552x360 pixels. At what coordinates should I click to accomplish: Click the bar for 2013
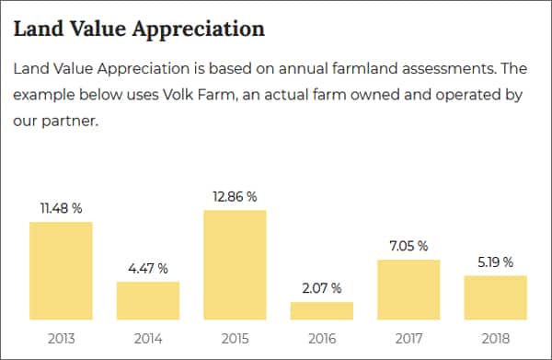[61, 271]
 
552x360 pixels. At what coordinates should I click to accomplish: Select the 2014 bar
[147, 300]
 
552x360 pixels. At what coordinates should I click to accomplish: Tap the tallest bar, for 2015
[235, 265]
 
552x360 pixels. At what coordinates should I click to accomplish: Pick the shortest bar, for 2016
[321, 310]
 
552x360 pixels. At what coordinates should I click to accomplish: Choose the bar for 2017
[408, 289]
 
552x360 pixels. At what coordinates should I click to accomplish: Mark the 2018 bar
[495, 297]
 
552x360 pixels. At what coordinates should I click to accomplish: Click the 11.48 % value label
[61, 209]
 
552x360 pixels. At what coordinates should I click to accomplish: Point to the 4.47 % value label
[147, 269]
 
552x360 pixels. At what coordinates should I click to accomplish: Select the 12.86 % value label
[235, 197]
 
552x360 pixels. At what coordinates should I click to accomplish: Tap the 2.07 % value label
[321, 289]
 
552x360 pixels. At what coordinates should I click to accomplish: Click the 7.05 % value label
[408, 246]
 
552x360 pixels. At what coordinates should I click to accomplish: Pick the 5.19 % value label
[495, 262]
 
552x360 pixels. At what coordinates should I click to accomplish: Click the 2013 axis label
[61, 338]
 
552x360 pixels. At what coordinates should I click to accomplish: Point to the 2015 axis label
[235, 338]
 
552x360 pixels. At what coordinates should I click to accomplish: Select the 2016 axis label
[321, 338]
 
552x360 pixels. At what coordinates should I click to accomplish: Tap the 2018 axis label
[495, 338]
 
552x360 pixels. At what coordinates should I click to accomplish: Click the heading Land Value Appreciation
[139, 29]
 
